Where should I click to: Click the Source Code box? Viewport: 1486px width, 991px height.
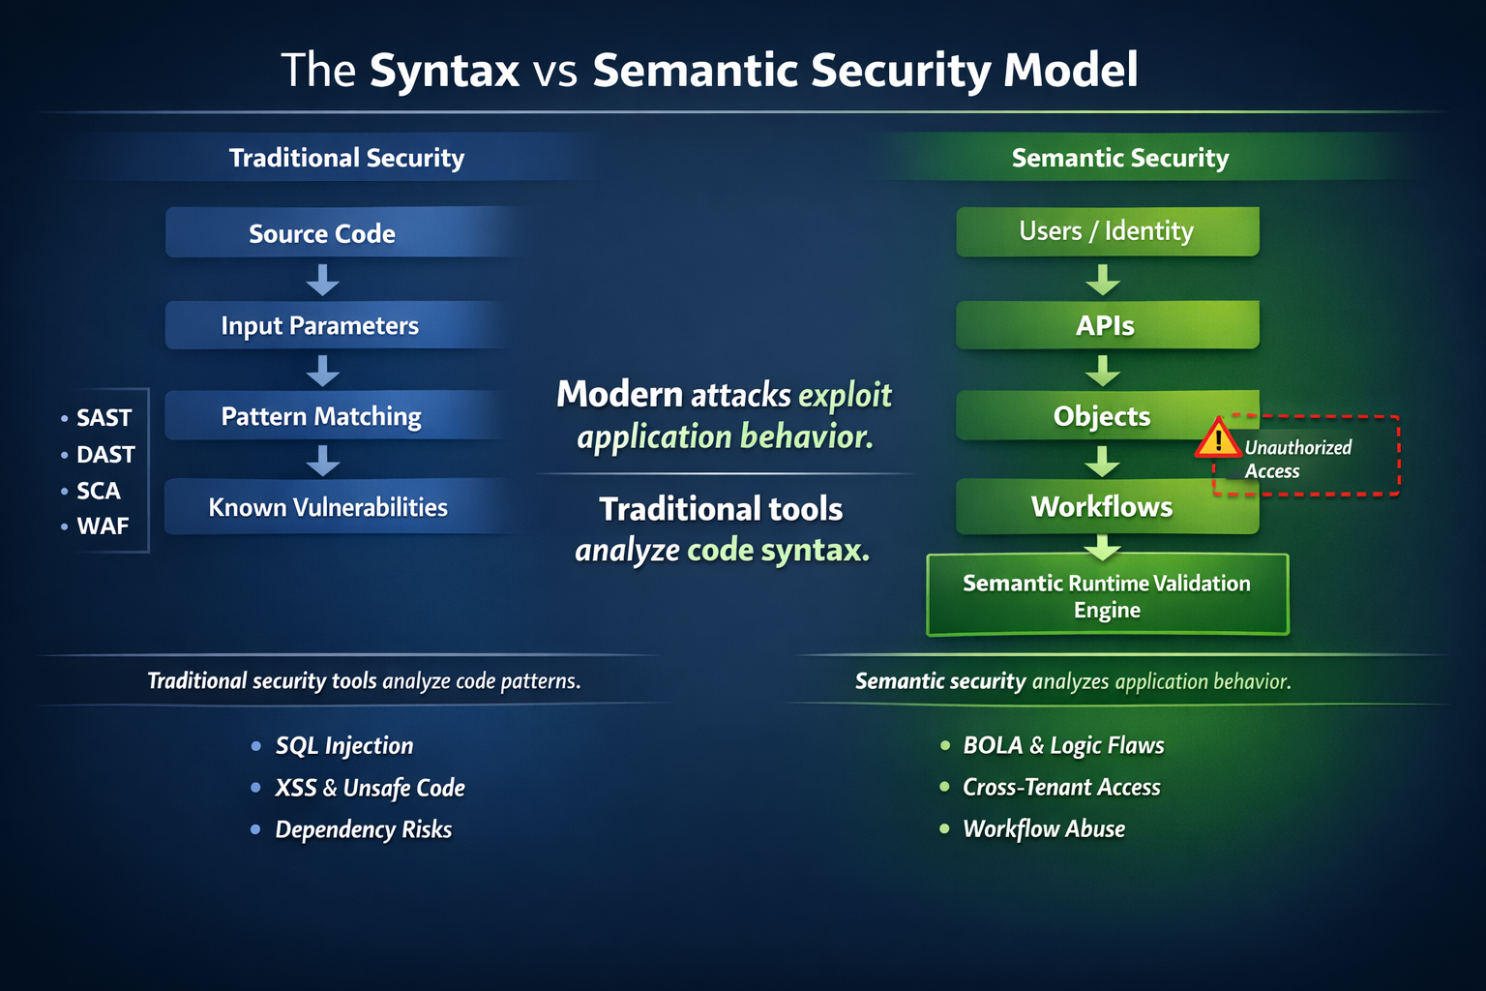coord(322,233)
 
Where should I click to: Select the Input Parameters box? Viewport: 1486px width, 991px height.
coord(319,325)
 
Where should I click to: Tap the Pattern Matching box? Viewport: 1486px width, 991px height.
coord(321,416)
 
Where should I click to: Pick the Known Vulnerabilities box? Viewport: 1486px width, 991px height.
coord(328,507)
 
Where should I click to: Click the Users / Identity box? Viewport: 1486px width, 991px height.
coord(1107,231)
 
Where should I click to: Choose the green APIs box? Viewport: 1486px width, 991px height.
coord(1106,325)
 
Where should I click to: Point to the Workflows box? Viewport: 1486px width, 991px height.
coord(1102,506)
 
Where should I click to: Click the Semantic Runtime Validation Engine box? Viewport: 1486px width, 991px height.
coord(1107,596)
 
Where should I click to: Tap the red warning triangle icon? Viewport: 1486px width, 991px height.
coord(1218,439)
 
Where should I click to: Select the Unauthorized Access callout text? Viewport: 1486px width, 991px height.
coord(1296,459)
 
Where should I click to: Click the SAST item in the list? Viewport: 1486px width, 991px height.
coord(104,418)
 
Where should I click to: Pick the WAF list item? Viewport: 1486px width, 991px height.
coord(103,526)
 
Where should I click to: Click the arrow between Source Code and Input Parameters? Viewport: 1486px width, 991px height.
coord(322,281)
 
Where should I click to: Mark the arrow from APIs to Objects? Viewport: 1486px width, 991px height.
coord(1103,371)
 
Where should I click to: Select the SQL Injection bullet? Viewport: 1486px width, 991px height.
coord(343,745)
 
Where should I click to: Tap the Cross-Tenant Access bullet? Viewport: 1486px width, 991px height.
coord(1061,787)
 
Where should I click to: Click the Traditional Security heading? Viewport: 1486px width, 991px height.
coord(346,158)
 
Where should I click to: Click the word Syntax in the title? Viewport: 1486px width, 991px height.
coord(444,71)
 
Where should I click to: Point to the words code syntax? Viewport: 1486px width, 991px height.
coord(778,550)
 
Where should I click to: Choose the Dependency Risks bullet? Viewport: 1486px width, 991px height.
coord(363,829)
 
